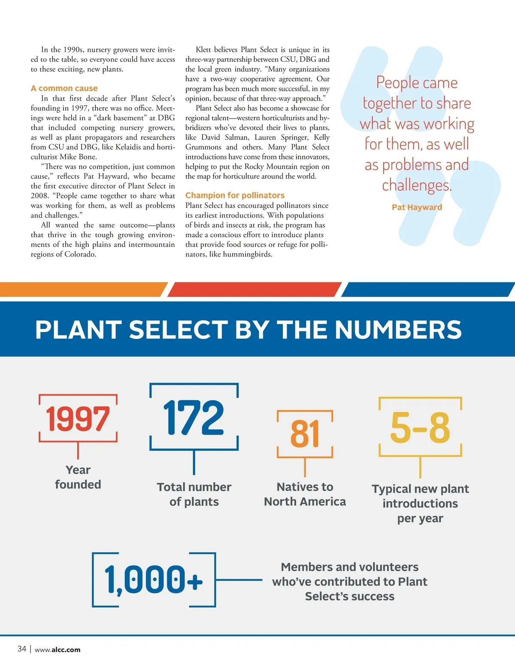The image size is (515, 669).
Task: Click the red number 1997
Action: [78, 419]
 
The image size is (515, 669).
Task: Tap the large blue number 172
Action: [194, 417]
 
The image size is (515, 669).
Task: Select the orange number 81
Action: [305, 434]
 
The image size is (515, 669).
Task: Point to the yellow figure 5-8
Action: [420, 428]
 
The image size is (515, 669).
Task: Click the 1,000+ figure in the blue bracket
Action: [153, 580]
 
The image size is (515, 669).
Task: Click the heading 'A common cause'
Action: [64, 88]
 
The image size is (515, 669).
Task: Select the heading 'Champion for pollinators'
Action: [235, 195]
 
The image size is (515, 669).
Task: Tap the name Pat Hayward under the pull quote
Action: [417, 207]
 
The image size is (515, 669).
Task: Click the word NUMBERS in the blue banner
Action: [398, 330]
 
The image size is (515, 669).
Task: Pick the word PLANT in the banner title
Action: [78, 330]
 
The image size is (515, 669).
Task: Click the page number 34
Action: [22, 649]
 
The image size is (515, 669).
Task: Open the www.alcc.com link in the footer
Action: [58, 650]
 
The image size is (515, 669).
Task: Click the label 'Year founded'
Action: [78, 477]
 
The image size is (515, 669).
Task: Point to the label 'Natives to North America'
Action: [305, 494]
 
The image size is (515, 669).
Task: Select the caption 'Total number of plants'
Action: [194, 494]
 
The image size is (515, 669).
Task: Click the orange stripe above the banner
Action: [82, 289]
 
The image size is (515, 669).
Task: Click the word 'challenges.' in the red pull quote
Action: [417, 185]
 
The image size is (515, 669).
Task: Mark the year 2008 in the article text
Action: [39, 196]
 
